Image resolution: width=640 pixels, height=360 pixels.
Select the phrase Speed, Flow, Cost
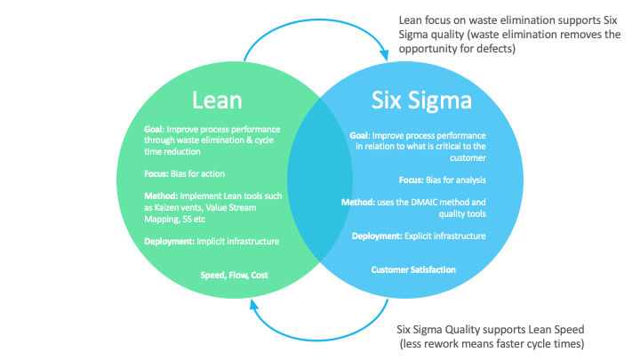(x=234, y=276)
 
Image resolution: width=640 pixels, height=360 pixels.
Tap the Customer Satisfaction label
(x=414, y=268)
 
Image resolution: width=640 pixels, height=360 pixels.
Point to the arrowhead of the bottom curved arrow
(x=256, y=305)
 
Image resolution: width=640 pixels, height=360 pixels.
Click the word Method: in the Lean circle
(x=161, y=195)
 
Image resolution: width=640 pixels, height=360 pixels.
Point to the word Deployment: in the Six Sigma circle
(x=377, y=236)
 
